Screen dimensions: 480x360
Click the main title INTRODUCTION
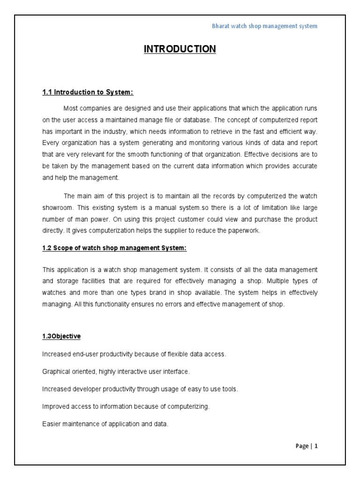pos(180,49)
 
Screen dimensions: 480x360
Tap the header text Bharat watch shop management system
pos(265,26)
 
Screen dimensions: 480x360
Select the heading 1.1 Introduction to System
pos(84,92)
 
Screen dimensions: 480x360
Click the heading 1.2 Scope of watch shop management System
pos(114,248)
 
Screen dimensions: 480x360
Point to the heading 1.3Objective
pos(61,337)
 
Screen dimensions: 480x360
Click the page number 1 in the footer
pos(316,446)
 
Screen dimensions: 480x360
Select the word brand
pos(163,292)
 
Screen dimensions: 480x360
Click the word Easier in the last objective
pos(52,424)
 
